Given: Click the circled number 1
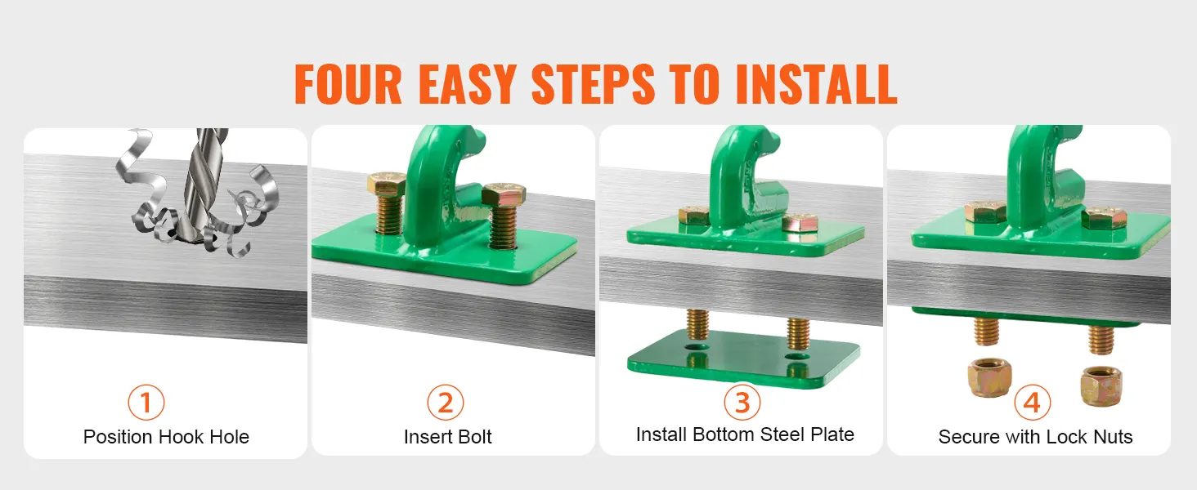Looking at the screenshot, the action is point(146,402).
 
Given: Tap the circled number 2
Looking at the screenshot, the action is point(445,402).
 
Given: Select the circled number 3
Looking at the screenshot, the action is point(742,402).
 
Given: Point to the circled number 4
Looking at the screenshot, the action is point(1032,402).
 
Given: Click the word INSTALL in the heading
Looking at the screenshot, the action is point(816,84).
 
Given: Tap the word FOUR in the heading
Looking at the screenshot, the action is point(347,84).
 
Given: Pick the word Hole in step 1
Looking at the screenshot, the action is point(229,437).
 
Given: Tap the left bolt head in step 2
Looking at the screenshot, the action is point(386,184).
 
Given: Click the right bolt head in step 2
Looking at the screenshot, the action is point(503,194).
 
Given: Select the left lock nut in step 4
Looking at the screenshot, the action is point(989,377).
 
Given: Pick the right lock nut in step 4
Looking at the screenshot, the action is point(1101,386).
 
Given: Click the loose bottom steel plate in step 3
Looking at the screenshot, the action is point(743,359).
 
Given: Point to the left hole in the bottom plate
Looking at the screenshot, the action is point(695,347).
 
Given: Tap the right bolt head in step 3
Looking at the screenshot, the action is point(799,223).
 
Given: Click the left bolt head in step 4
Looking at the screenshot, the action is point(985,212).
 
